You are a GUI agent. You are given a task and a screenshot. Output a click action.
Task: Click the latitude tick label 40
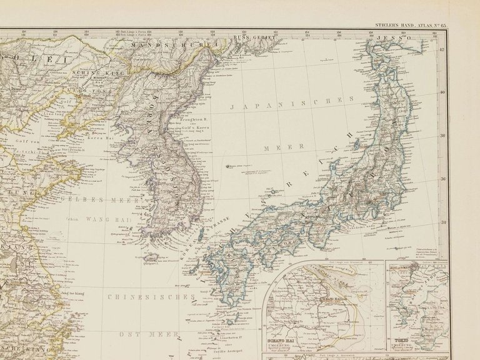tap(442, 92)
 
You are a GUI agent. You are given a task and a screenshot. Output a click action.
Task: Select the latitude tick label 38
tap(442, 135)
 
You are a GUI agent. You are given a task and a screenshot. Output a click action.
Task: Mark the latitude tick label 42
tap(442, 51)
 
